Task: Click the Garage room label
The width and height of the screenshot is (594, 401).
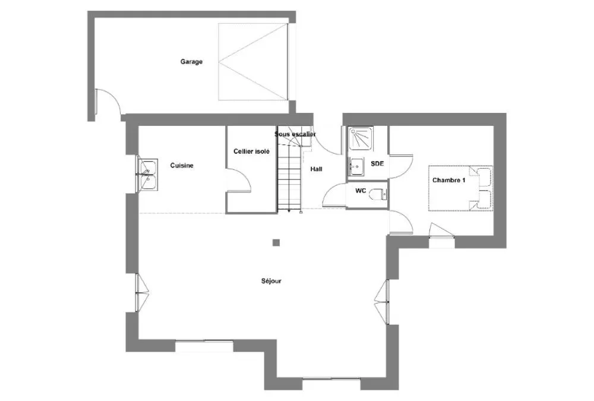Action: (191, 62)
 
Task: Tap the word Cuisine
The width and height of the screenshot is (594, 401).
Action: (182, 166)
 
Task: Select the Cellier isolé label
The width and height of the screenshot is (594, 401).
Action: (251, 151)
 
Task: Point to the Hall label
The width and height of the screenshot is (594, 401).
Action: (317, 169)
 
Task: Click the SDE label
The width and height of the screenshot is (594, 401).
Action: (377, 164)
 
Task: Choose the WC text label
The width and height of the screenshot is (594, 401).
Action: (361, 191)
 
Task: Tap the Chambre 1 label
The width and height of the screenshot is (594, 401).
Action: (449, 181)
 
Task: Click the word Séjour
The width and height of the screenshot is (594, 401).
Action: (271, 281)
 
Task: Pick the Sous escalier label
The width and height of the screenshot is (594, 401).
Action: (295, 134)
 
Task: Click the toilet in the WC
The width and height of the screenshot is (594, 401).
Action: (378, 195)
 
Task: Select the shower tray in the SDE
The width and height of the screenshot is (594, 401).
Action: (361, 138)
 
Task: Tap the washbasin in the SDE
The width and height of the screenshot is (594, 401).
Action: (356, 167)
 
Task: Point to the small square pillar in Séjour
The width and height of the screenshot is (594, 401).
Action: (276, 243)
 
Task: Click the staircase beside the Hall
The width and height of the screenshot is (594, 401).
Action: (289, 169)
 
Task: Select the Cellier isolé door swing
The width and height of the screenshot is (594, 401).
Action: (238, 181)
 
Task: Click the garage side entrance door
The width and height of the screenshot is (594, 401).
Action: (107, 101)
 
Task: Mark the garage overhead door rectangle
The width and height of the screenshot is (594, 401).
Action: (253, 62)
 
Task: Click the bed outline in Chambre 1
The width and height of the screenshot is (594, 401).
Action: (461, 188)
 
